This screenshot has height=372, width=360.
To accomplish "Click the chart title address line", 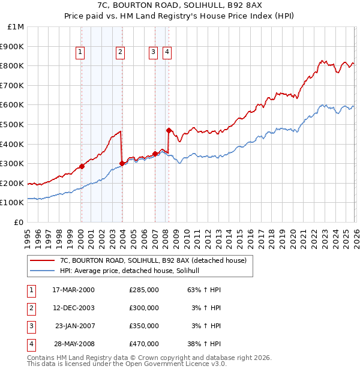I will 180,5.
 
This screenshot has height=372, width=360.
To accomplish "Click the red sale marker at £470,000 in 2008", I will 169,130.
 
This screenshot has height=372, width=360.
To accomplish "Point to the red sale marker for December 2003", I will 122,163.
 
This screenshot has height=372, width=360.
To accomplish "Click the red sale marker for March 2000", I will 82,166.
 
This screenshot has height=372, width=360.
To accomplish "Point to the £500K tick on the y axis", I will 13,124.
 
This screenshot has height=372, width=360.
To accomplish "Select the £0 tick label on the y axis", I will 19,222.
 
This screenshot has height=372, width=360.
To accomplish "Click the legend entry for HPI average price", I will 133,271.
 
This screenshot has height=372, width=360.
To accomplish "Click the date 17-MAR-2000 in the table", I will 73,290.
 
